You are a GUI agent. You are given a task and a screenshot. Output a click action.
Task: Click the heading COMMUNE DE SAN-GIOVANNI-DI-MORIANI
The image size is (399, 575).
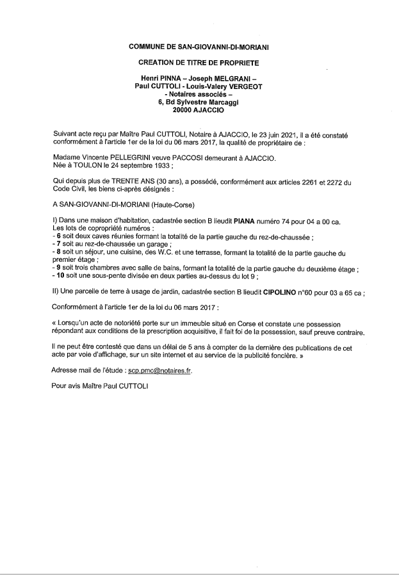(199, 47)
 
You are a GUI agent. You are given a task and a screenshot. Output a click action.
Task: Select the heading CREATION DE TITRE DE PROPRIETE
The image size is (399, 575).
(199, 63)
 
